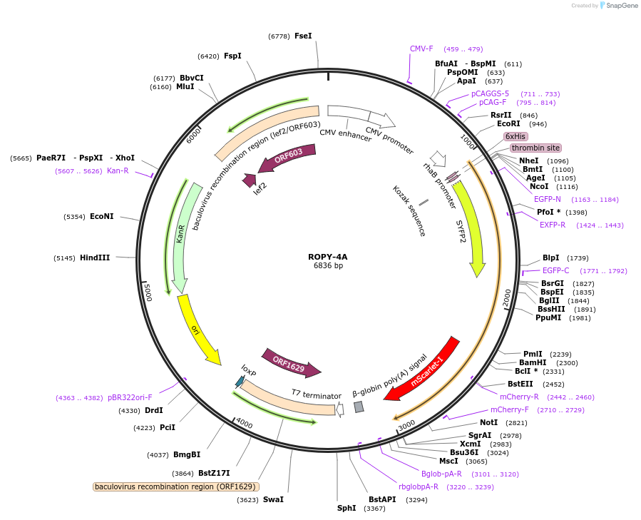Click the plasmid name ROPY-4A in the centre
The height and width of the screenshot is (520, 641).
(328, 257)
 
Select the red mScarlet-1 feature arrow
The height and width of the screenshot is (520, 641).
(426, 371)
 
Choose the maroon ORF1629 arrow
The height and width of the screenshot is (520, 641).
(289, 362)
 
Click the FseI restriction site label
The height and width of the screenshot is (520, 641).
(303, 36)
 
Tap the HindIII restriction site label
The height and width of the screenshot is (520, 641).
(95, 258)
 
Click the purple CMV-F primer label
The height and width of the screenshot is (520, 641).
(421, 49)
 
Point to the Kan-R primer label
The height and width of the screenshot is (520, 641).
(118, 170)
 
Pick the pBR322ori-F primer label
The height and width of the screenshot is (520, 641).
(130, 397)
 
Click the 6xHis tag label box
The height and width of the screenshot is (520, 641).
(515, 136)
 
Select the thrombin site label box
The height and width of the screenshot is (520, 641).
(535, 148)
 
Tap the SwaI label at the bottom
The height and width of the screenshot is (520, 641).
(273, 499)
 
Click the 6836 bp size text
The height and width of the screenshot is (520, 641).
(328, 266)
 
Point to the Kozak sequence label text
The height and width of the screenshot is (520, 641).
(409, 211)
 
